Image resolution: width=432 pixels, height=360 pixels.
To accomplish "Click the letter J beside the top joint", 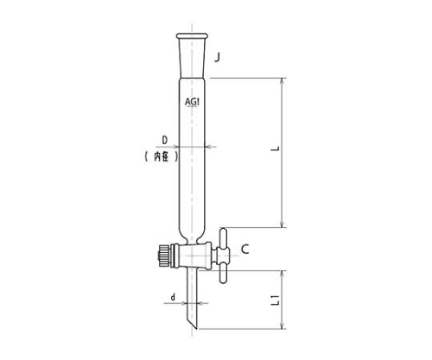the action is tap(217, 58).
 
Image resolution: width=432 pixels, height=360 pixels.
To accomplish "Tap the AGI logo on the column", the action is tap(192, 102).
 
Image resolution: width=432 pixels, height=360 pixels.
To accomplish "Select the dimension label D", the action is tap(165, 141).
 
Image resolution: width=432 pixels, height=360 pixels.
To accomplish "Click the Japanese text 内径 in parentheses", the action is tap(162, 156).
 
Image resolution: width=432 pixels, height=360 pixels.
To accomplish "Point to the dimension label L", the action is tap(276, 148).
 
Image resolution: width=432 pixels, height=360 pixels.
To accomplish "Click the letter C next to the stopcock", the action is tap(245, 249).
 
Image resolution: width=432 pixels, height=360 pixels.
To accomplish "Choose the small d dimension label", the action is tap(173, 297).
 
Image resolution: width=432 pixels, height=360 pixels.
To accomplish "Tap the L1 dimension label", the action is tap(276, 300).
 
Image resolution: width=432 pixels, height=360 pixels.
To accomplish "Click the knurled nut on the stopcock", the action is tap(163, 256).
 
